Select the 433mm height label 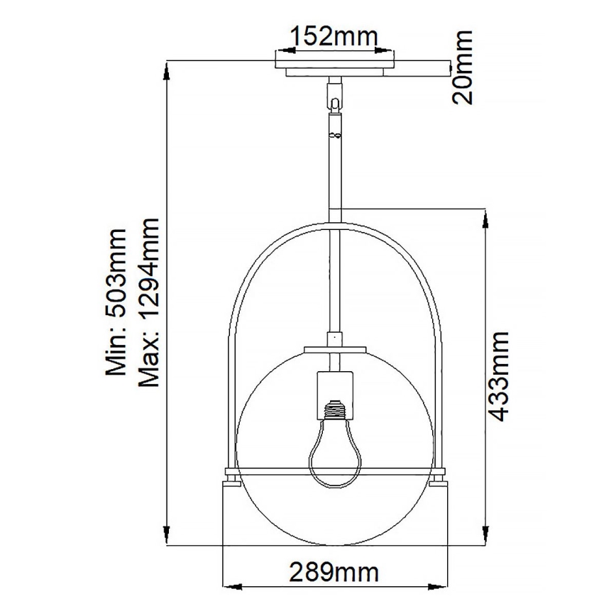501,376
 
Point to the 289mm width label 334,571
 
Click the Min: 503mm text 115,302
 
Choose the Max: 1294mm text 150,302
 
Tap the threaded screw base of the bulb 334,409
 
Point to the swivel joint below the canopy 334,96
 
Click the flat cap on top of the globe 334,350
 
